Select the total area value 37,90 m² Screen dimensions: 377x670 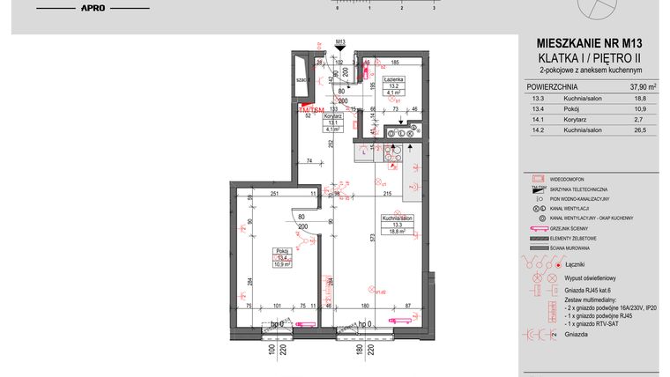[x=637, y=87]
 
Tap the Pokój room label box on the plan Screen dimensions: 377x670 [x=281, y=257]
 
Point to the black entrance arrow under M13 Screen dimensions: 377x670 [x=340, y=52]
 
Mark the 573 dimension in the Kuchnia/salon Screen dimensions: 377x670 [x=373, y=238]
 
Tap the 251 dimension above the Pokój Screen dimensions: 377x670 [x=274, y=193]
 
